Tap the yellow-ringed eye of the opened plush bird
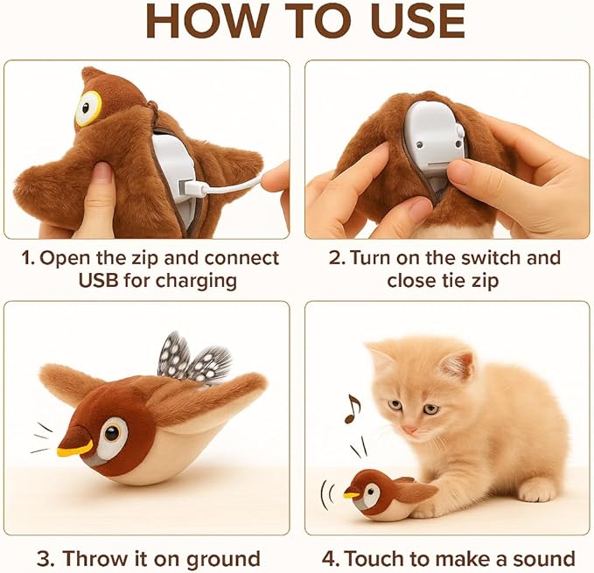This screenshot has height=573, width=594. (87, 108)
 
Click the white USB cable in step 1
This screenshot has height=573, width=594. (229, 185)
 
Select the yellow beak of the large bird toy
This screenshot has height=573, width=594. (75, 448)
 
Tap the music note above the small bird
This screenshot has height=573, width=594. (352, 408)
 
